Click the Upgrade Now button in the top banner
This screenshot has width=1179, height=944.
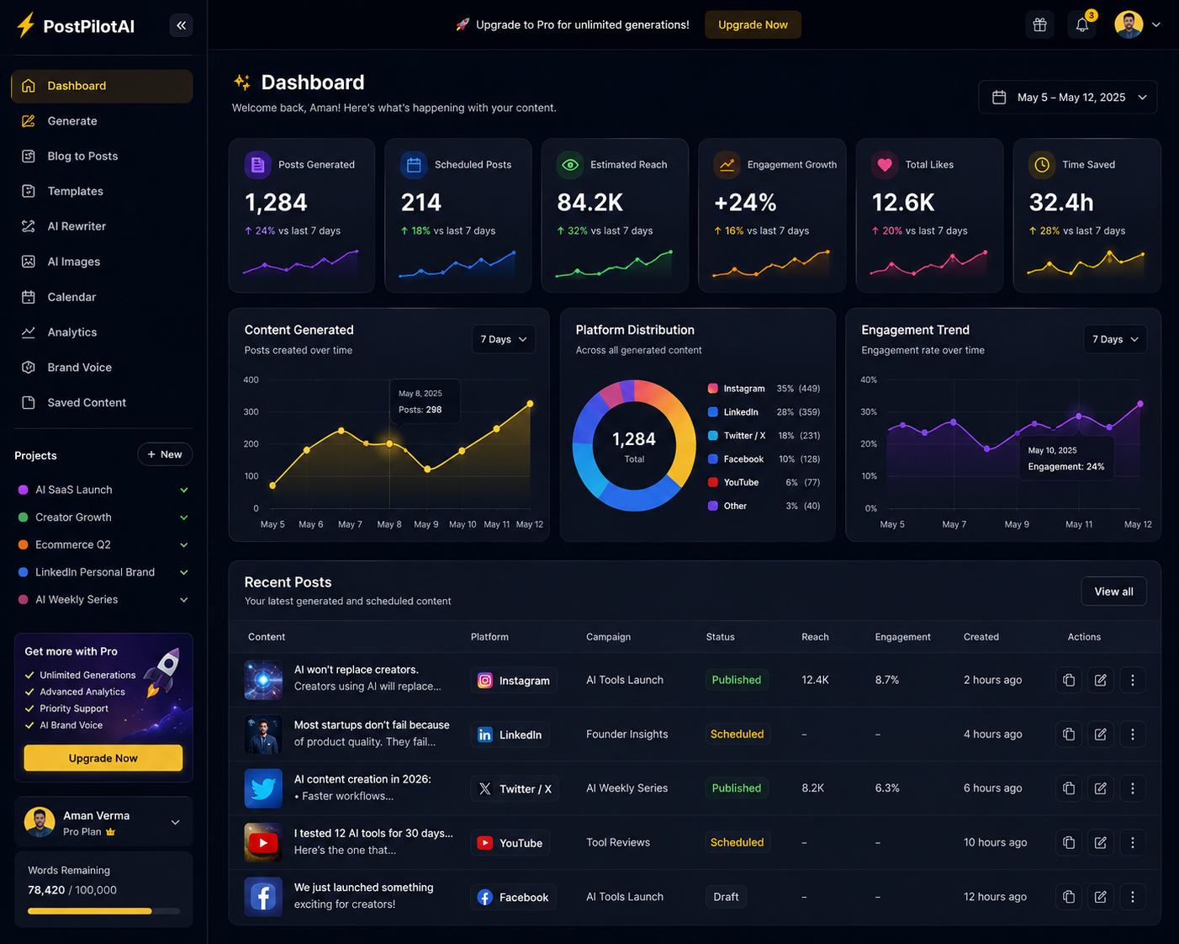coord(753,24)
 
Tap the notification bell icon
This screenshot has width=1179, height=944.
coord(1082,24)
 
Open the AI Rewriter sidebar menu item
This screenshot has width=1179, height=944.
coord(77,226)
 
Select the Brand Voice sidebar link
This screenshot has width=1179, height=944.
coord(79,368)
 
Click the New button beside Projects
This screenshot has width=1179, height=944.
coord(164,454)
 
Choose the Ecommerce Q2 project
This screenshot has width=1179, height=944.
coord(73,545)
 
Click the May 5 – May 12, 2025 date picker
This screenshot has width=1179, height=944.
coord(1068,97)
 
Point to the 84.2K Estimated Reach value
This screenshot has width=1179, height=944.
coord(590,203)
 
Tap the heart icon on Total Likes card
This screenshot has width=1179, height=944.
coord(885,164)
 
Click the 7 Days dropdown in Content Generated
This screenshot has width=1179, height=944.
coord(504,339)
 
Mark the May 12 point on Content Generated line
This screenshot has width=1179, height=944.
coord(530,404)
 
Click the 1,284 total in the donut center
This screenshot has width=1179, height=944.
coord(634,439)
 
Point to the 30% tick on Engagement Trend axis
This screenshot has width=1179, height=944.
coord(869,411)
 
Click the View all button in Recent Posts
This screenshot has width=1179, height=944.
coord(1113,591)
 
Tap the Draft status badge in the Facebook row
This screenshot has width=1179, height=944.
coord(726,897)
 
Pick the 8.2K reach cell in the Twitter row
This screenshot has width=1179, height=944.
coord(813,788)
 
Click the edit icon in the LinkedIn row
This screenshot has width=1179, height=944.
coord(1100,735)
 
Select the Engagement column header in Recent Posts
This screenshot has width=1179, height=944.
coord(902,637)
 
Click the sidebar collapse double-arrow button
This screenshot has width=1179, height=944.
coord(181,25)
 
